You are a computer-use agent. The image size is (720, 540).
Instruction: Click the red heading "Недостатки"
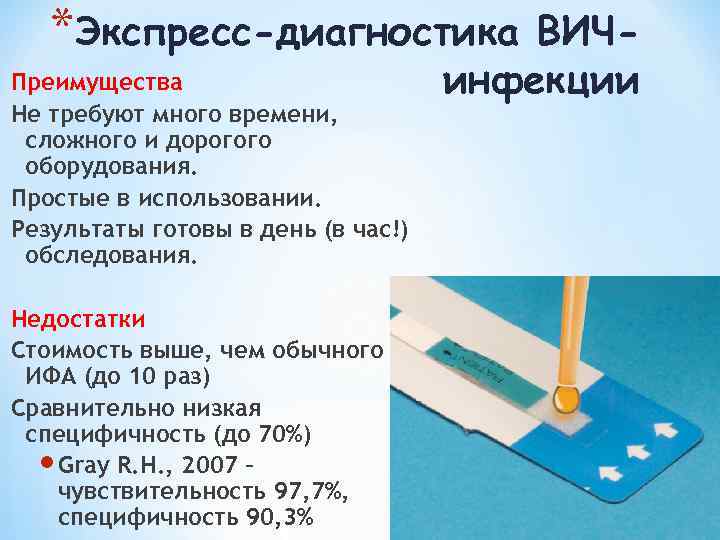pos(79,319)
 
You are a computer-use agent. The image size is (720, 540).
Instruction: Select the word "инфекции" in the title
pos(540,79)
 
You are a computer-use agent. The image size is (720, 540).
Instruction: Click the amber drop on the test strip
pos(566,398)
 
